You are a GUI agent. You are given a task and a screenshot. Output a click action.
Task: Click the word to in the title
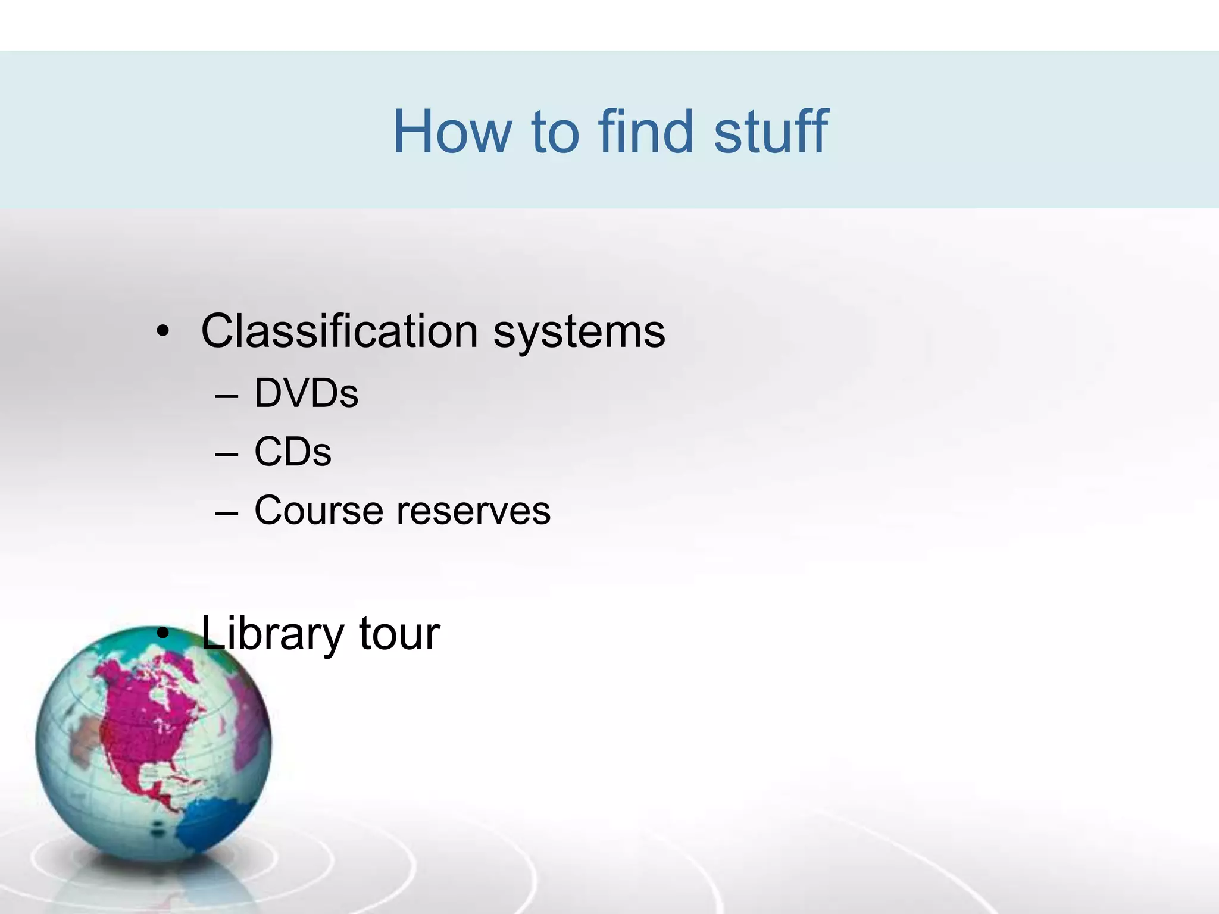[x=555, y=133]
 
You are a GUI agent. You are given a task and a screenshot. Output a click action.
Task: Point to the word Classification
[x=339, y=331]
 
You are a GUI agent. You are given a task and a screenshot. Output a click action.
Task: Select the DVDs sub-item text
[x=306, y=393]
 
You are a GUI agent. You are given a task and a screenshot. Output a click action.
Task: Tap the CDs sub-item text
[x=292, y=452]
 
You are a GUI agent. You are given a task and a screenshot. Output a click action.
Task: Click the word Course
[x=318, y=511]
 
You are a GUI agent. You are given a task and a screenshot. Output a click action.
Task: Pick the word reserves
[x=474, y=511]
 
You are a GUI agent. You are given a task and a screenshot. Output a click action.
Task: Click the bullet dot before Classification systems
[x=162, y=331]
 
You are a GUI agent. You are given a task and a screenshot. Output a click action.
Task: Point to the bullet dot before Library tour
[x=163, y=634]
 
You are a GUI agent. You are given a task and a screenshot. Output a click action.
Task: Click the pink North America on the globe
[x=143, y=726]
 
